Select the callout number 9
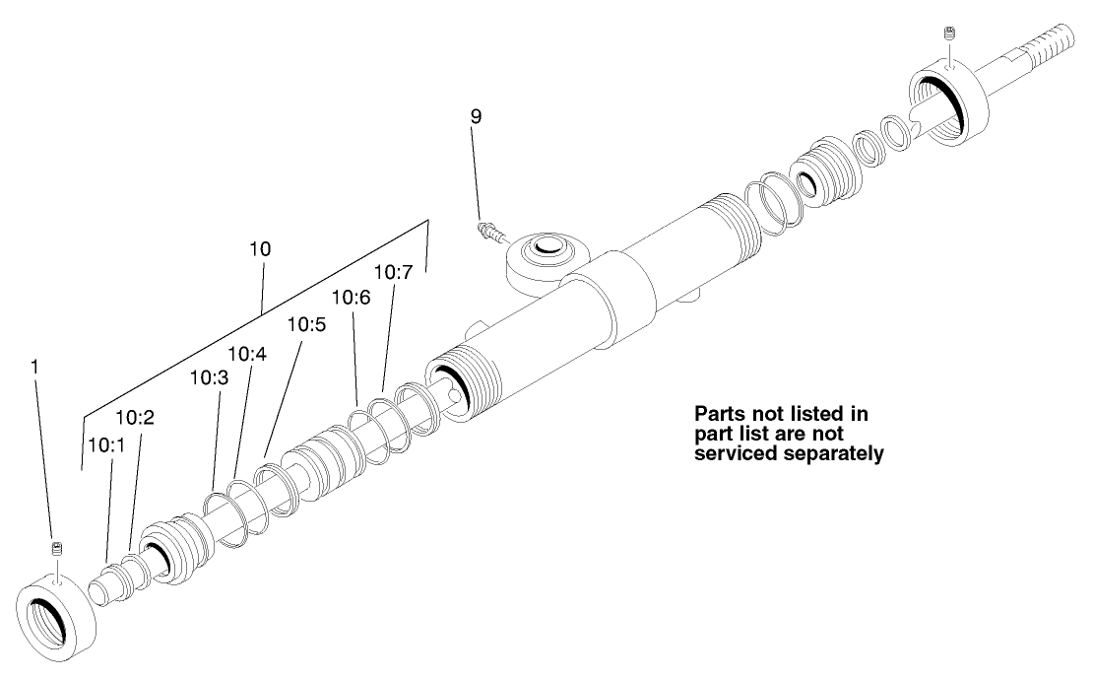[x=476, y=116]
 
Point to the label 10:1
[x=105, y=444]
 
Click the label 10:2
[x=135, y=417]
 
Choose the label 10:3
[x=209, y=377]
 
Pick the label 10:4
[x=246, y=353]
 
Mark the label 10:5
[x=305, y=323]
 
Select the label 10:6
[x=352, y=296]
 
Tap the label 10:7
[x=394, y=271]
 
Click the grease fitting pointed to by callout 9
[x=488, y=233]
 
